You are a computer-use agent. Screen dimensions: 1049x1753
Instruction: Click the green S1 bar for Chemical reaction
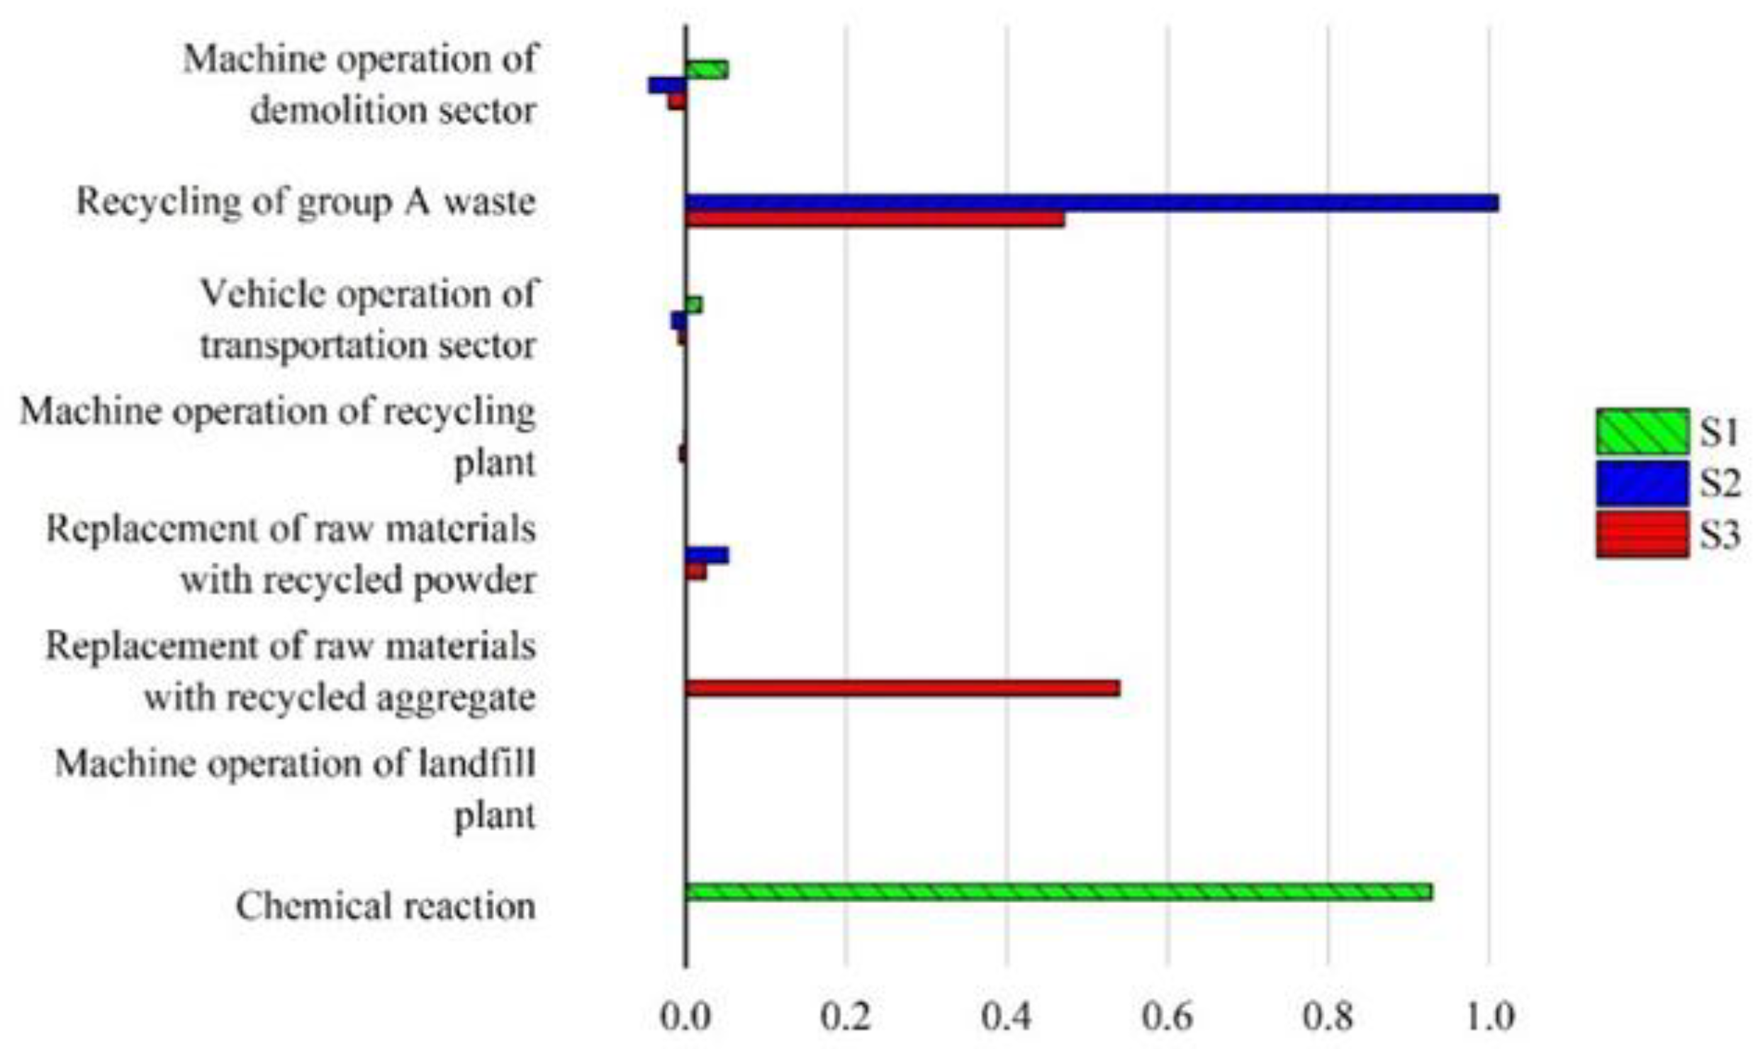(1058, 892)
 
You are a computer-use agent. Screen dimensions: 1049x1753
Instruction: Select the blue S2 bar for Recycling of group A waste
(1092, 203)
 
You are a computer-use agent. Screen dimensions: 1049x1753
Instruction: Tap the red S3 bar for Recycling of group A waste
(875, 220)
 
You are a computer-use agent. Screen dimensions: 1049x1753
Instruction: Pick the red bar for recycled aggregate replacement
(902, 688)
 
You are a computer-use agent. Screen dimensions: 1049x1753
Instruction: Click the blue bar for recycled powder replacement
(707, 555)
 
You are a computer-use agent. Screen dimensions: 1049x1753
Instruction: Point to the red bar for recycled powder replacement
(696, 571)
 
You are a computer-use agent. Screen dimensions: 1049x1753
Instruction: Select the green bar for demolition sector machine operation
(707, 69)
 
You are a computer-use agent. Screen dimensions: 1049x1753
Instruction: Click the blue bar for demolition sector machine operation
(667, 85)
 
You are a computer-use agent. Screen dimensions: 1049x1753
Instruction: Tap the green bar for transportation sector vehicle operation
(694, 305)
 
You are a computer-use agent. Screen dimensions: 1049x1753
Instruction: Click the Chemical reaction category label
(386, 906)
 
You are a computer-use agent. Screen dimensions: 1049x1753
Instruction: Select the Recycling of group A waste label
(306, 202)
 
